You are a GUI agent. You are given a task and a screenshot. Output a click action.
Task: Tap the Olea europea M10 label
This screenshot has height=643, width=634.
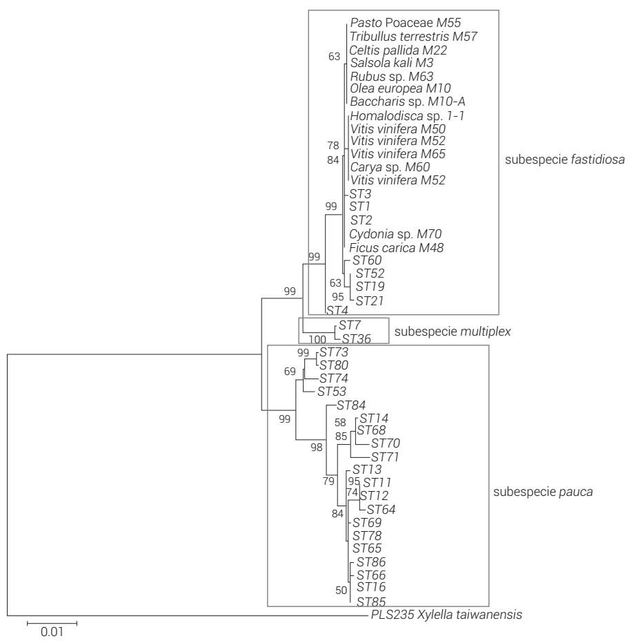(x=390, y=88)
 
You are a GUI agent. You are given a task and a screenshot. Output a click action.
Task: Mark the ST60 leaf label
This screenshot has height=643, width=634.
(x=367, y=260)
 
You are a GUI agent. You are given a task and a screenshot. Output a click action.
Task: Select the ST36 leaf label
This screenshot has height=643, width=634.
(x=356, y=338)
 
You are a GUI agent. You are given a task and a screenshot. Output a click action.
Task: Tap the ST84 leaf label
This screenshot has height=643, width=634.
(x=350, y=405)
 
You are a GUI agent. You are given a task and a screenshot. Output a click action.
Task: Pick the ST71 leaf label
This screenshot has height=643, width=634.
(x=386, y=457)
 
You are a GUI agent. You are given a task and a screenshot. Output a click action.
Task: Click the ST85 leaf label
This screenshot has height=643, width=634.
(x=371, y=602)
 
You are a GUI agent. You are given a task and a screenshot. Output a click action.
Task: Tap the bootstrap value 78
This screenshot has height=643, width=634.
(x=335, y=146)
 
